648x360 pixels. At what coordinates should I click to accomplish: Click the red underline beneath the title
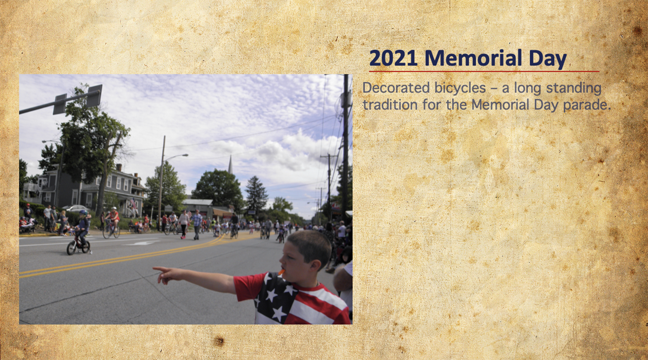[484, 71]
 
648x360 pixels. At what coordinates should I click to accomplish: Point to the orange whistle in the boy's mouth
[281, 272]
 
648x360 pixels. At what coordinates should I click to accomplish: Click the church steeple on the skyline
[230, 165]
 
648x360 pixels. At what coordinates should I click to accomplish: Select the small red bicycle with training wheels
[78, 245]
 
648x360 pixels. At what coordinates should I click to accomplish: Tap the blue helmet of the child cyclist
[83, 212]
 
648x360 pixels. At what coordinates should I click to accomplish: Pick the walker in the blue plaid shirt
[197, 224]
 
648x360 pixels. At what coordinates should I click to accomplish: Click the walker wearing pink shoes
[184, 224]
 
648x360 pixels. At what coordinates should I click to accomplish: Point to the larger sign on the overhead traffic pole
[94, 96]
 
